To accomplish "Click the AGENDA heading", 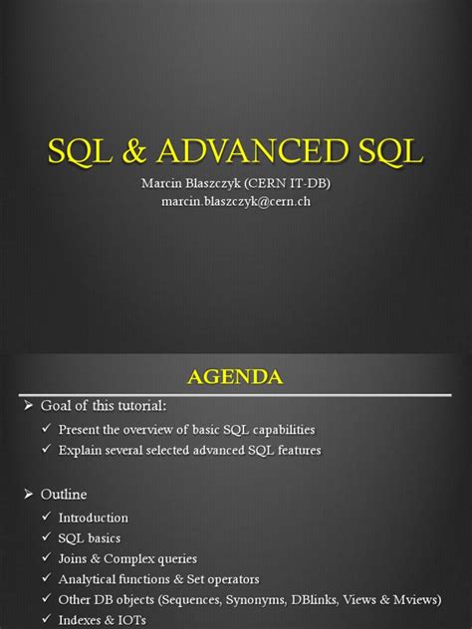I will (x=236, y=377).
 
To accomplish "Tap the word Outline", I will (x=64, y=495).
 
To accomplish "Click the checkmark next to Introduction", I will (x=47, y=518).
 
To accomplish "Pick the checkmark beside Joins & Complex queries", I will (x=47, y=558).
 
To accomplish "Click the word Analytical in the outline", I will (x=90, y=579).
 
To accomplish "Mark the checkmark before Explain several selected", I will (x=47, y=451).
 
